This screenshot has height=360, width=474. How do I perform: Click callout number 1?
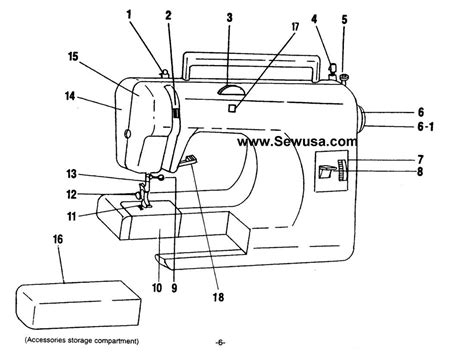point(129,14)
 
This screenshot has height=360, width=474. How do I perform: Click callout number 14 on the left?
point(70,97)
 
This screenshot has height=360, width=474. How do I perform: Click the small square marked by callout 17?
point(231,106)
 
